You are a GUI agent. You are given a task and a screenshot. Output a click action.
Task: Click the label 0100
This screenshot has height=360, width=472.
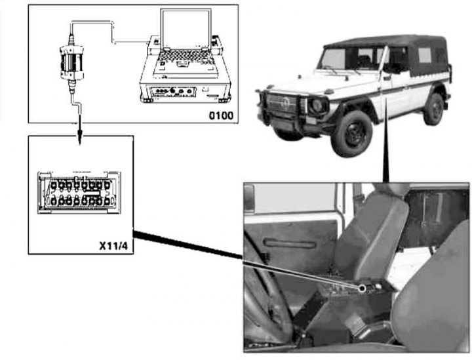click(221, 115)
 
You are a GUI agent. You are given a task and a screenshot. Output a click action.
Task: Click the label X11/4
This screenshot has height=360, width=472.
click(113, 246)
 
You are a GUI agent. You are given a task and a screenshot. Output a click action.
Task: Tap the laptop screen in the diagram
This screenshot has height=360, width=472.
click(186, 29)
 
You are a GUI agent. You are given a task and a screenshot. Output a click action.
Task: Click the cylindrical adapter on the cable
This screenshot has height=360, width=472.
click(71, 62)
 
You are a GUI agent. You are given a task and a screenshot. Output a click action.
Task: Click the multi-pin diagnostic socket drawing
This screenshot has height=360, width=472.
click(79, 193)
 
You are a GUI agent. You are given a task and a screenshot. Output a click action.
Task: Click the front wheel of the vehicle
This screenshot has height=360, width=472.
click(351, 133)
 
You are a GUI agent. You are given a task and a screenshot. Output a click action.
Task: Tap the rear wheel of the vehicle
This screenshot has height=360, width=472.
click(434, 109)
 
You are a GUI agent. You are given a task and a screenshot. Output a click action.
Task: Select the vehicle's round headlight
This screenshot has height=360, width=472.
click(317, 105)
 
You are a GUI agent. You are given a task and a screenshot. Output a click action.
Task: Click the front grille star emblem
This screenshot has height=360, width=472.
click(283, 104)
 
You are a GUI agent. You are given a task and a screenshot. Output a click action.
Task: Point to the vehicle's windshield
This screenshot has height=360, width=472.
click(332, 59)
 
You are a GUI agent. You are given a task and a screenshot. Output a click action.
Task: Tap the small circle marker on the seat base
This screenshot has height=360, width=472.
click(363, 289)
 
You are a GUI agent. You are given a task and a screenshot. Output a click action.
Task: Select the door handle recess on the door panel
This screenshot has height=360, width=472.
click(289, 243)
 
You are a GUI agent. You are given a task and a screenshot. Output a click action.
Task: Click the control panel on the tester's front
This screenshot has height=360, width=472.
click(173, 92)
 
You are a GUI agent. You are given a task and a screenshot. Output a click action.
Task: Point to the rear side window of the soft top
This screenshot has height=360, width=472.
click(425, 55)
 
